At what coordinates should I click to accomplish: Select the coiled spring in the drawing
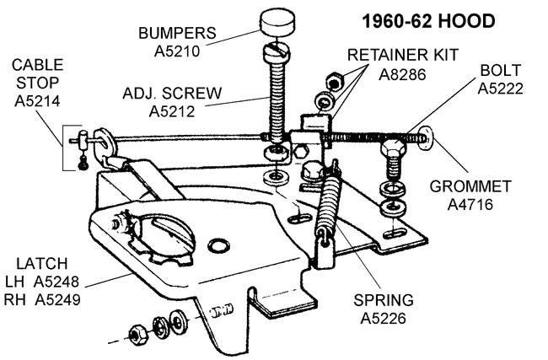(325, 204)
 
